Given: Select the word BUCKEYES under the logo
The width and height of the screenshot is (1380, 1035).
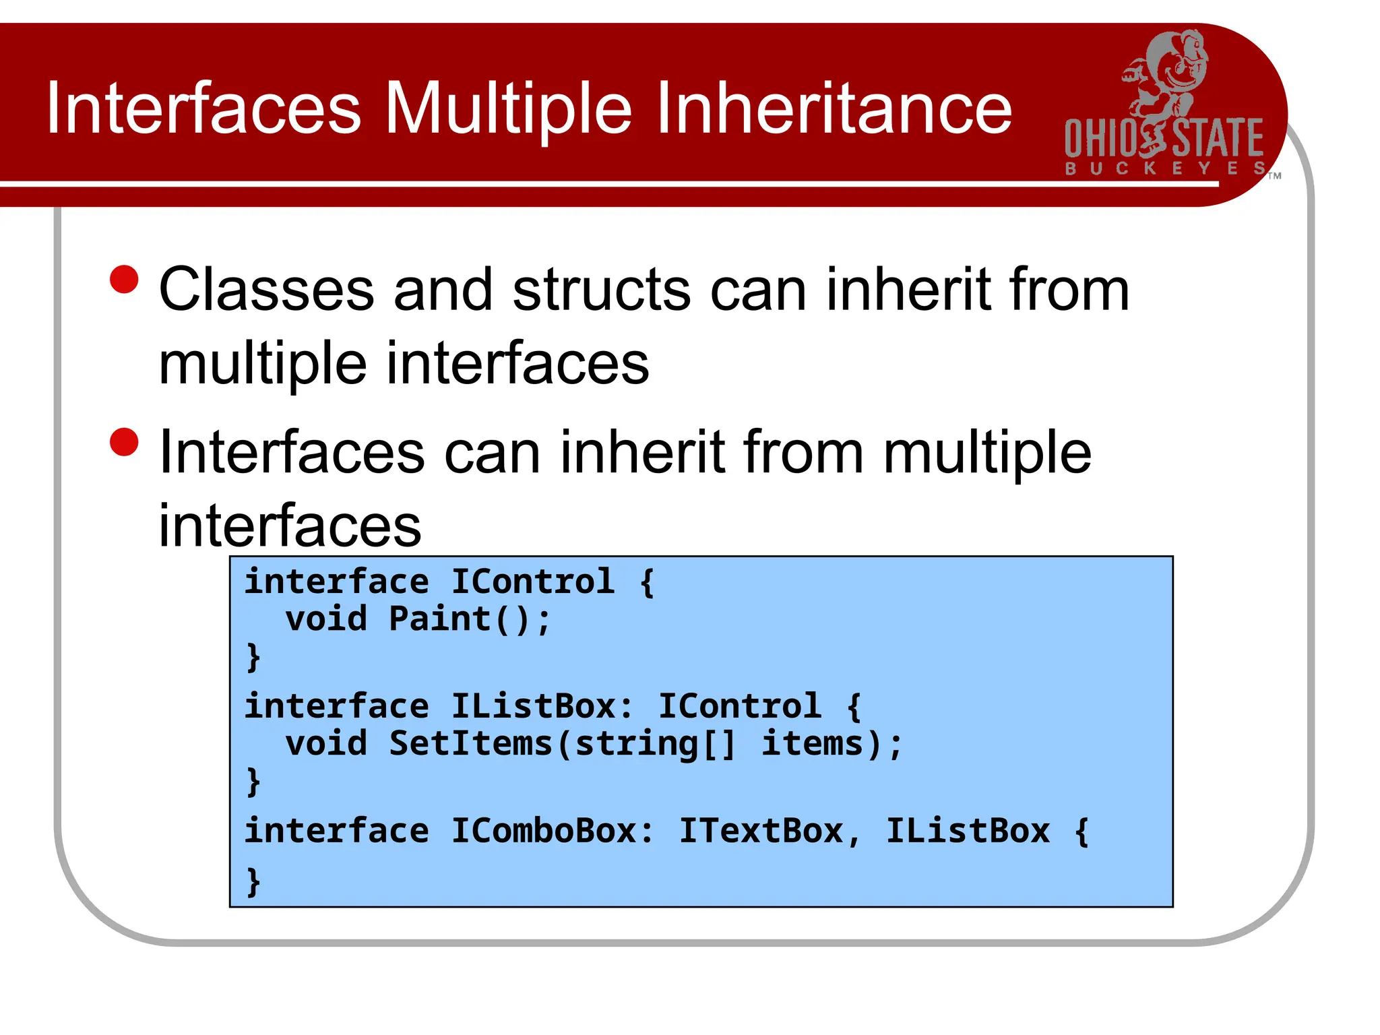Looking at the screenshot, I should click(1165, 168).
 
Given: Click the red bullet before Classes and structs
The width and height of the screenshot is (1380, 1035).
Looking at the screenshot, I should click(124, 280).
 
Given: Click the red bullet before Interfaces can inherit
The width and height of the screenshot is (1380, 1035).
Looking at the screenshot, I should click(124, 443).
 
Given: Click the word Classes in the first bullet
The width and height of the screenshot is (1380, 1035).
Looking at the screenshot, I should click(266, 290).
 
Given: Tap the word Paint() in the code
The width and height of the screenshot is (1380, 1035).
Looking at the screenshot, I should click(469, 619).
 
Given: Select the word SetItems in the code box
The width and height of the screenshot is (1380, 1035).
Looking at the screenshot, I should click(470, 743).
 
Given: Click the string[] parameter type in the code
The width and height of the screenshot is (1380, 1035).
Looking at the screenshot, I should click(655, 743).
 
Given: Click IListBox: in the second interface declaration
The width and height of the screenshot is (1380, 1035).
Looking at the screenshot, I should click(542, 706).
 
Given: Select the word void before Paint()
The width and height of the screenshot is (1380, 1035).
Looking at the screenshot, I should click(326, 619).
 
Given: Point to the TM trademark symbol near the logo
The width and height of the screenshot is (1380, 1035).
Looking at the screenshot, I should click(1274, 176).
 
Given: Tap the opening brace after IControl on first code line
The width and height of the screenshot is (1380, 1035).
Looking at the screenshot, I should click(647, 582).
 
